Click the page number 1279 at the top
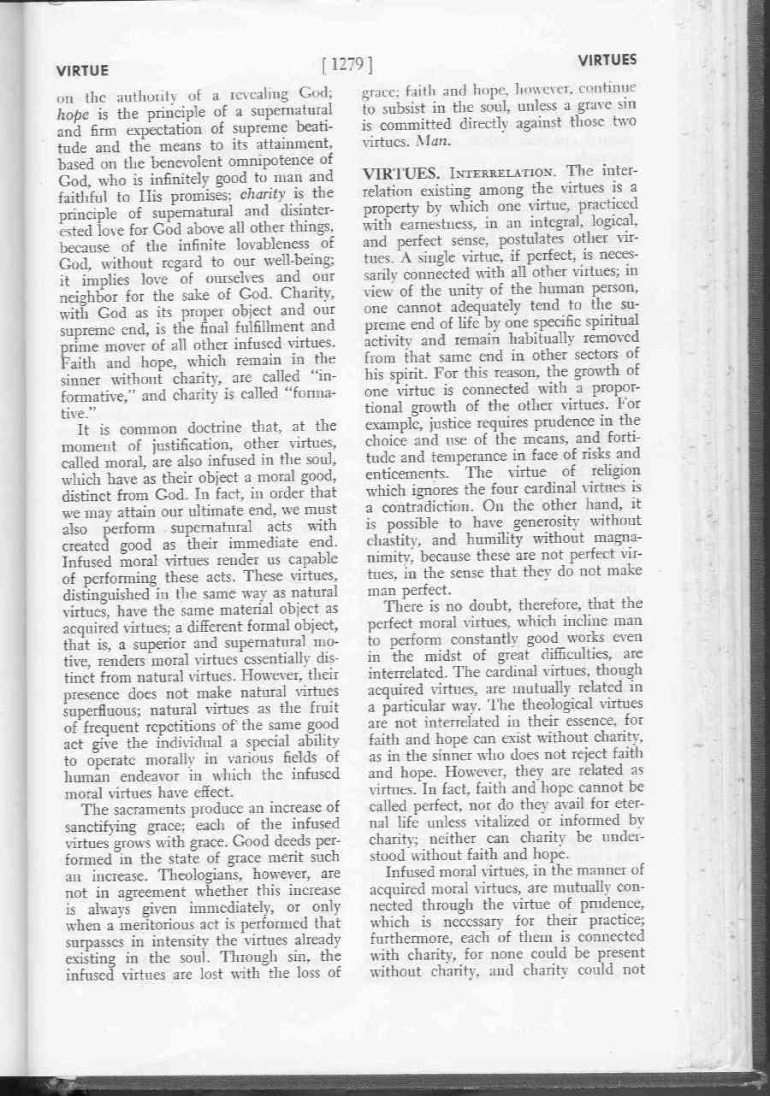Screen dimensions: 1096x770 348,63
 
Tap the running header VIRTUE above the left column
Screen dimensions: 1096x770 82,70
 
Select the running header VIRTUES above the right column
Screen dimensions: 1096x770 607,62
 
